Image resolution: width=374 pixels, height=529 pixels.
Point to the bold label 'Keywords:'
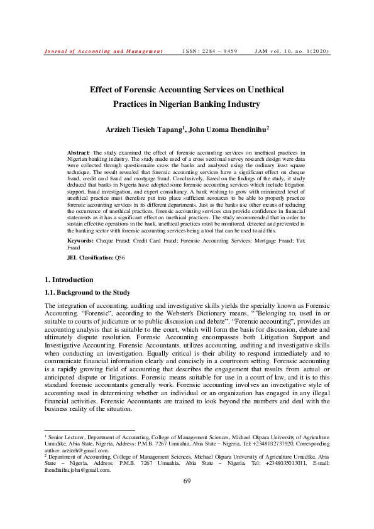(x=81, y=241)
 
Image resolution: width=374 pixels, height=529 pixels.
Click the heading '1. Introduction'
(x=70, y=280)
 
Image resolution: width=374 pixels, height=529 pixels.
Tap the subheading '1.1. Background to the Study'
(x=86, y=292)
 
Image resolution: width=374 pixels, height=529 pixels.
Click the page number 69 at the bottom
(x=187, y=498)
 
